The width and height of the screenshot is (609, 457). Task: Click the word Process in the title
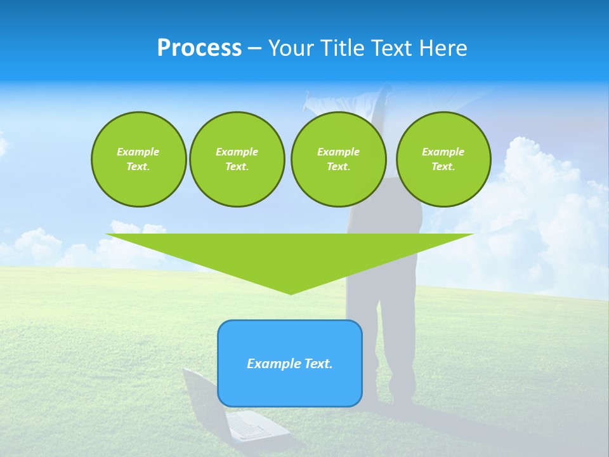[199, 48]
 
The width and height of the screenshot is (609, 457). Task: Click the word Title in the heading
[343, 48]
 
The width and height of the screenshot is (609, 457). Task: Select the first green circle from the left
[138, 159]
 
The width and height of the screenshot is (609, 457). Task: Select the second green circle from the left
[237, 159]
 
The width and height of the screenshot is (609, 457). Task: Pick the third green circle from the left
[338, 159]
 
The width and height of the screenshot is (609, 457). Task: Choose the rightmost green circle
[443, 159]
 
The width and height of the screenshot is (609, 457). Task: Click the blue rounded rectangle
[290, 363]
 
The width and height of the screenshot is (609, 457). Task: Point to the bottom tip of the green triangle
[291, 294]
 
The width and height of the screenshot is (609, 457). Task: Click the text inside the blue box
[290, 364]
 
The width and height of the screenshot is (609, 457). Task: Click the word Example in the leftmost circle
[138, 152]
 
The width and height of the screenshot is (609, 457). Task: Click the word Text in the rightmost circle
[442, 166]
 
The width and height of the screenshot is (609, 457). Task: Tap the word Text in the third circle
[337, 166]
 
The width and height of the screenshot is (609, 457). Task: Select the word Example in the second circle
[237, 152]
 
